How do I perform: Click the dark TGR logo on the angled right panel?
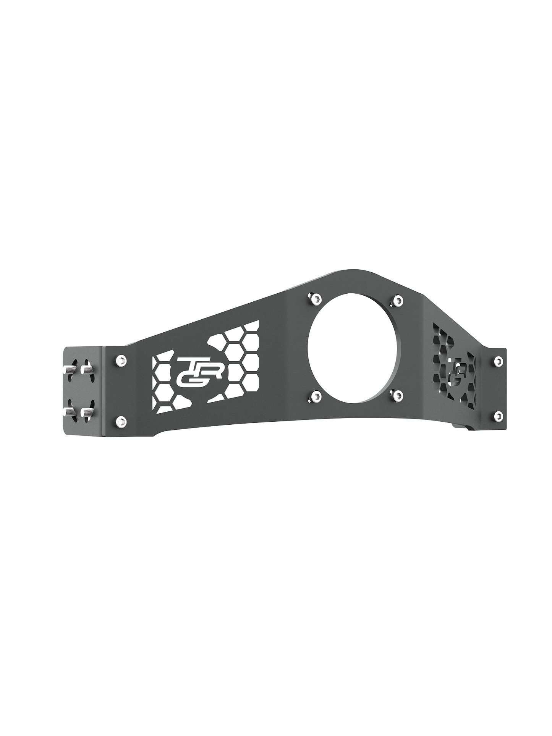(458, 369)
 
